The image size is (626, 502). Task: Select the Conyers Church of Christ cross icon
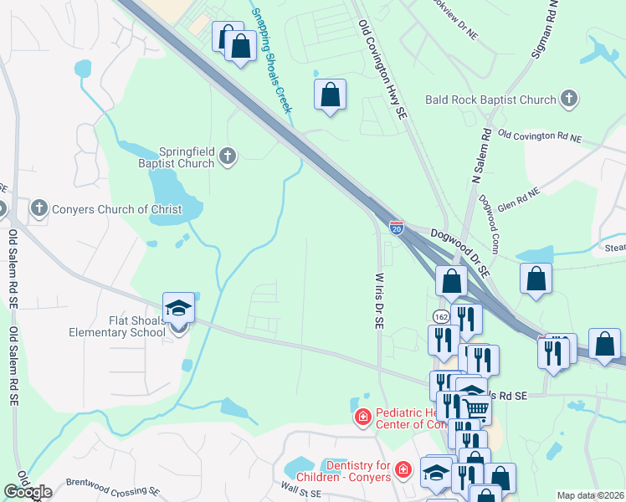(x=38, y=208)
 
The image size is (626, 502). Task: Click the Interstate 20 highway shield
(x=397, y=227)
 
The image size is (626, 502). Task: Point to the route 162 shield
(x=441, y=315)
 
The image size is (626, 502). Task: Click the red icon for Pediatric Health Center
(x=362, y=416)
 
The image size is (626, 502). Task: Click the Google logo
(x=28, y=491)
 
